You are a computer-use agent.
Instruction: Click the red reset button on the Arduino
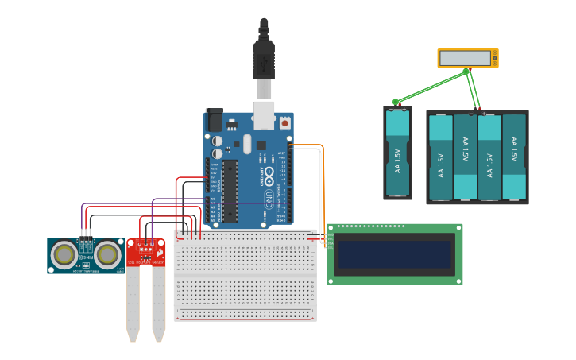coord(284,123)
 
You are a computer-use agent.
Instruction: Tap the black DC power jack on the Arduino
coord(215,120)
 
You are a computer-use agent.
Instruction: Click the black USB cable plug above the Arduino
coord(264,60)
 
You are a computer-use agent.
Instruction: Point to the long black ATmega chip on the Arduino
coord(230,191)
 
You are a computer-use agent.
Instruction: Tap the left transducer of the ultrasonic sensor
coord(64,254)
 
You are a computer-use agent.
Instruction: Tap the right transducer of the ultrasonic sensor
coord(108,254)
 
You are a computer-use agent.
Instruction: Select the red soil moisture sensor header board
coord(146,252)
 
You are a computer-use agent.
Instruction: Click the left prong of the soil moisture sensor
coord(133,302)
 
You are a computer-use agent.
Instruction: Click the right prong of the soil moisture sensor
coord(159,302)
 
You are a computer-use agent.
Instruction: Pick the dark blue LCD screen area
coord(394,254)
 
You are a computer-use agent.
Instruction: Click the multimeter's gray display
coord(465,58)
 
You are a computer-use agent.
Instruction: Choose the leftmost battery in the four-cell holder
coord(441,157)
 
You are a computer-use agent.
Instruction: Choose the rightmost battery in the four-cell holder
coord(514,157)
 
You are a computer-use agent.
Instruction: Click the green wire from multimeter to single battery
coord(429,87)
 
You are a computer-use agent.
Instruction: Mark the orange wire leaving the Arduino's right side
coord(310,145)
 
